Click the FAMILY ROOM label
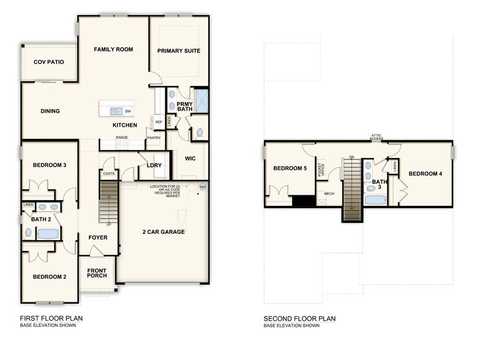coord(113,50)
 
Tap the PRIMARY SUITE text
coord(179,51)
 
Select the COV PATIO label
coord(49,62)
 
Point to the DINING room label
coord(50,111)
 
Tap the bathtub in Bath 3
coord(374,199)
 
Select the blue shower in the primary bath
coord(201,100)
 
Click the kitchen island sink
coord(116,111)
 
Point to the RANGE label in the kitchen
coord(122,138)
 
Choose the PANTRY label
coord(154,138)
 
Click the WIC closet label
coord(190,159)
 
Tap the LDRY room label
coord(154,165)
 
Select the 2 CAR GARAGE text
coord(164,232)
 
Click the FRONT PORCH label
coord(97,273)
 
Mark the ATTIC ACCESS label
coord(377,138)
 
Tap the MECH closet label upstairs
coord(329,193)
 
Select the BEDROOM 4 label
coord(426,174)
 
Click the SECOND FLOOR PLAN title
coord(299,318)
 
